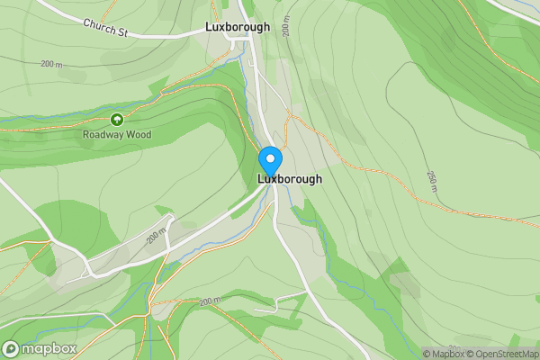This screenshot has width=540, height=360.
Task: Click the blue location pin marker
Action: [x=270, y=162]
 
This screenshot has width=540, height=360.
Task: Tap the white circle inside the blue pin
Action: [x=270, y=158]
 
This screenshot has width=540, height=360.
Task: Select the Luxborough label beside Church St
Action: [x=238, y=27]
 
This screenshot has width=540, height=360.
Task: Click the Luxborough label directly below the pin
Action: [x=290, y=179]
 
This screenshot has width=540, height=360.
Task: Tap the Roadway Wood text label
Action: [x=117, y=135]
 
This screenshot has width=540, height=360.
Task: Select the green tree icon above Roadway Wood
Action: [x=116, y=119]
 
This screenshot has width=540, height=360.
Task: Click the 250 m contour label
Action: [x=432, y=179]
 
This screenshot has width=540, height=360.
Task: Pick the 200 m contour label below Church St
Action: [x=52, y=64]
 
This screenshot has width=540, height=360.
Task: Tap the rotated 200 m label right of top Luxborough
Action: [x=285, y=27]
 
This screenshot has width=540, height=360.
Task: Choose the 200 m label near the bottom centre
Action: [x=210, y=301]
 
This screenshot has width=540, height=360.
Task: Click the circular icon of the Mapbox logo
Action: [x=12, y=348]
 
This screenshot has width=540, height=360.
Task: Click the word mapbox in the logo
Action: [x=49, y=348]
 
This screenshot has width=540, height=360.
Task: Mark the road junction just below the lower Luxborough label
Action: [x=274, y=193]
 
